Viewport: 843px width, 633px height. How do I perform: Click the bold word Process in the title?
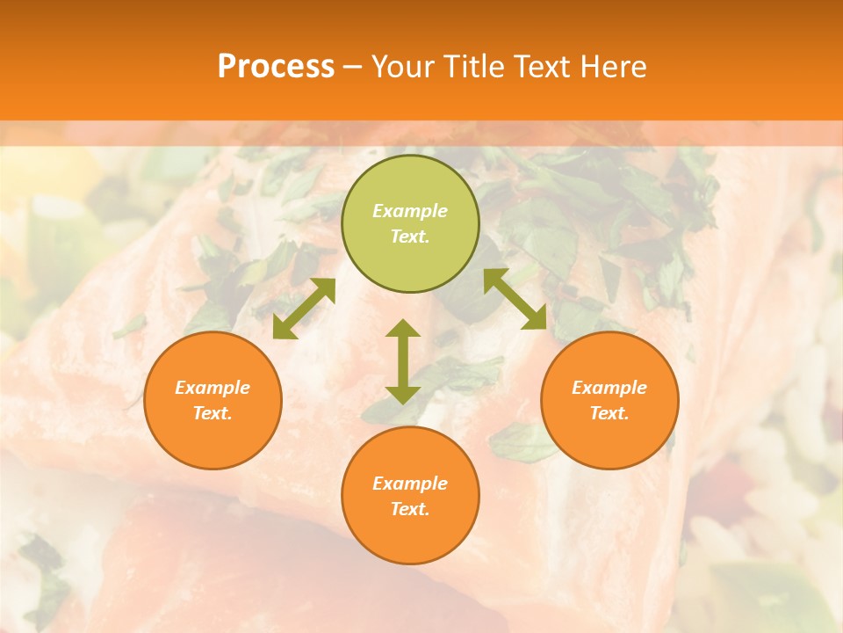click(276, 67)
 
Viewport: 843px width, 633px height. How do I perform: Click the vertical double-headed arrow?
click(403, 361)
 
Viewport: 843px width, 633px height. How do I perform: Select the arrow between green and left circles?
click(304, 309)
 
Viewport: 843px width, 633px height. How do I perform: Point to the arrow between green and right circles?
click(515, 299)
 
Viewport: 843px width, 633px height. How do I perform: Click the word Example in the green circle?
click(410, 211)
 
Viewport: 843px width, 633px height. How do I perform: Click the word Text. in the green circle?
click(410, 236)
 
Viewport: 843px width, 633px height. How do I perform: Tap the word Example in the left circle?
click(213, 388)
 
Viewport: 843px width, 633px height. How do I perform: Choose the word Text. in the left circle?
click(213, 413)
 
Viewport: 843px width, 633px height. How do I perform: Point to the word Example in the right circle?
click(609, 388)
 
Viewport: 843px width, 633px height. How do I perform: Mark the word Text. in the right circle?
click(609, 413)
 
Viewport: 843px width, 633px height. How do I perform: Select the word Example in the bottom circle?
click(410, 484)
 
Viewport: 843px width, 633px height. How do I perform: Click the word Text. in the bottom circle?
click(410, 509)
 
